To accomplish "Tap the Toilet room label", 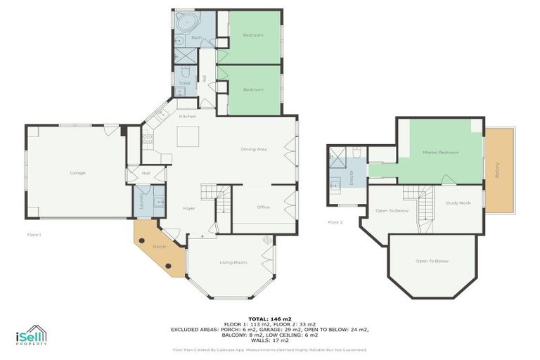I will coord(184,83).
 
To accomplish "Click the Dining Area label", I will coord(253,149).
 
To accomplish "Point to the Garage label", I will coord(77,172).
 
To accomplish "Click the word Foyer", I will coord(189,208).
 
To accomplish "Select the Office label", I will coord(264,207).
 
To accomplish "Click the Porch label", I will coord(159,247).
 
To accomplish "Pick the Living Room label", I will coord(233,262).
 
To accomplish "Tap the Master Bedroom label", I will coord(441,152).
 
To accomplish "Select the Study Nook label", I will coord(457,203).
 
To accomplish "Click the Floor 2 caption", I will coord(335,221).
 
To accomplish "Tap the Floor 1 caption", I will coord(34,234).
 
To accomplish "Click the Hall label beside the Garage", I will coord(146,172).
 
